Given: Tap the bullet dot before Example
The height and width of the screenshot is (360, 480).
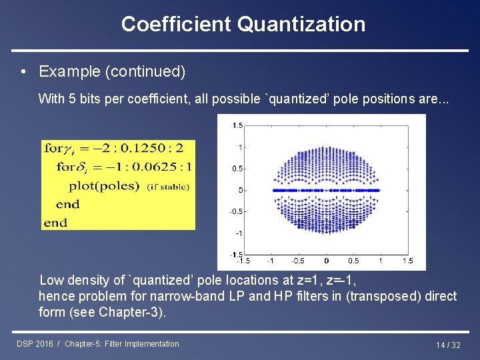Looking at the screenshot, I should pyautogui.click(x=24, y=71).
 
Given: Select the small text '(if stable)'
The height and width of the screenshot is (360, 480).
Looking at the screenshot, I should pyautogui.click(x=168, y=187).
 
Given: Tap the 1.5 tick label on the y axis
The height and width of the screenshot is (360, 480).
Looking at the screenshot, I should pyautogui.click(x=238, y=125).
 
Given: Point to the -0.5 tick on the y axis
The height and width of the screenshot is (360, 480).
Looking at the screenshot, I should pyautogui.click(x=237, y=211).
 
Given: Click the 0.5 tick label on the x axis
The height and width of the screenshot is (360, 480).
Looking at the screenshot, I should pyautogui.click(x=353, y=261).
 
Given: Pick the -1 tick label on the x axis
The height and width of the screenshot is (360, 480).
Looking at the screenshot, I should pyautogui.click(x=271, y=261).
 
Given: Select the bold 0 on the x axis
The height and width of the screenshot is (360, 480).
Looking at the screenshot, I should pyautogui.click(x=326, y=261).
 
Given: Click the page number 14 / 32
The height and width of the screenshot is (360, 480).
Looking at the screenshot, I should pyautogui.click(x=448, y=345).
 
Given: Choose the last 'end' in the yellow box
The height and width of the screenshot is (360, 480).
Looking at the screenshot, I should pyautogui.click(x=55, y=223).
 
